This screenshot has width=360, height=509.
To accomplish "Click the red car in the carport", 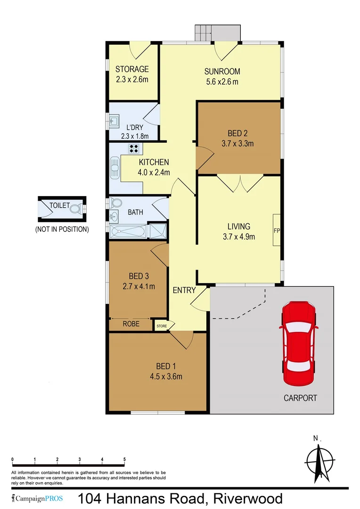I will coord(298,342).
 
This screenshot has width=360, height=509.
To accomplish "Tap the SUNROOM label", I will coord(222,72).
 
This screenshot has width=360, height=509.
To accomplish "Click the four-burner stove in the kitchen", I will coord(134,149).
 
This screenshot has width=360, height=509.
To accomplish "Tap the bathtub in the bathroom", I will coord(128,231).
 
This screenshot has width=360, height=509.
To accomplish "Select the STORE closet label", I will coord(162,325).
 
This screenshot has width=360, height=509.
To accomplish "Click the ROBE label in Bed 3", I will coord(131,324).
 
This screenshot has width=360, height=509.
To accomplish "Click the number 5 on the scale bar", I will coord(124,459).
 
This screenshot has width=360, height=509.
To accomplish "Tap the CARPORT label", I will coord(300,398).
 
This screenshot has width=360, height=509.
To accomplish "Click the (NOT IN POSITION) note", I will coord(62,230).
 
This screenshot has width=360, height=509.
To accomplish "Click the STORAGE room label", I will coord(132,69).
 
